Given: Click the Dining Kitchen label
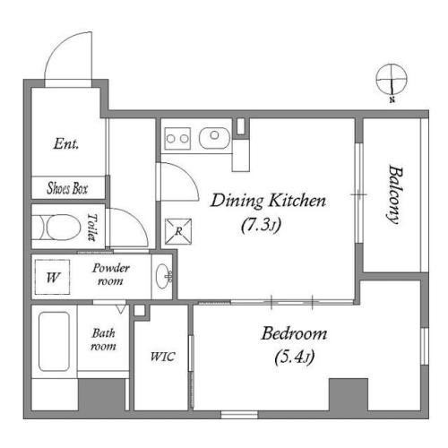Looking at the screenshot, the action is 268,201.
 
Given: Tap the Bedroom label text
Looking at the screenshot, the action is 294,333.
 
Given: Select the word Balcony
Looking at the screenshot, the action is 395,194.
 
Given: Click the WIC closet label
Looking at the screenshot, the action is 162,357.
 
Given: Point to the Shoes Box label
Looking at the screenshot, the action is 67,188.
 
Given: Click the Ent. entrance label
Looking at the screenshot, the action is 66,143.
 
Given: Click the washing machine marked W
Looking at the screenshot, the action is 53,278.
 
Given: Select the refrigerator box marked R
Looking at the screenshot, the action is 178,231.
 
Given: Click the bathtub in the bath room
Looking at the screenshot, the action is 54,341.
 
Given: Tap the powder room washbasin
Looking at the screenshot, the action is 163,276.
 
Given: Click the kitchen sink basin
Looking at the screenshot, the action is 214,138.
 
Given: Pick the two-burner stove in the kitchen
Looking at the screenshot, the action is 177,139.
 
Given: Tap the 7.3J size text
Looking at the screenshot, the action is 261,225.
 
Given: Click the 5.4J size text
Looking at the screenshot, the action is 294,357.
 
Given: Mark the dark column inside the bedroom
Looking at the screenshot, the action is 349,395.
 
